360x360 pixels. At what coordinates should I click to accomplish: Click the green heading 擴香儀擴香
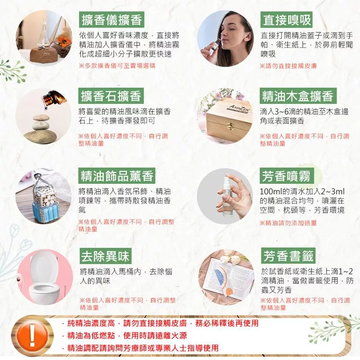pyautogui.click(x=112, y=19)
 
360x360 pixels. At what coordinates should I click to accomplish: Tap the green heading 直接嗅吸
pyautogui.click(x=287, y=20)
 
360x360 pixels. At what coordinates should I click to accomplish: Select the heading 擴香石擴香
pyautogui.click(x=111, y=96)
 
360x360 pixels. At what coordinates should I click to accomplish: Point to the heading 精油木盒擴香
pyautogui.click(x=298, y=96)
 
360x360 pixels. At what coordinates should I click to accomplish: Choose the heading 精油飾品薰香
pyautogui.click(x=117, y=175)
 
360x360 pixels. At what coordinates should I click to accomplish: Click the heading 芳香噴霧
pyautogui.click(x=286, y=176)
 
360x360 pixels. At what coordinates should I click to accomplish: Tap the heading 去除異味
pyautogui.click(x=105, y=256)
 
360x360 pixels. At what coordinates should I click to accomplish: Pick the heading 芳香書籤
pyautogui.click(x=288, y=256)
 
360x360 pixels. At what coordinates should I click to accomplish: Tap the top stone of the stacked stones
pyautogui.click(x=41, y=118)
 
